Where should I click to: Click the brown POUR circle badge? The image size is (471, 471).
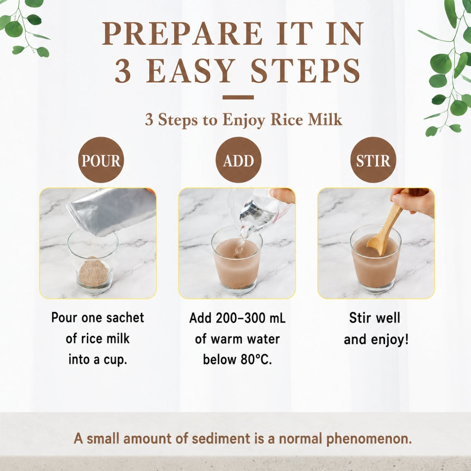click(101, 160)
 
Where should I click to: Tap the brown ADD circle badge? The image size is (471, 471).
click(238, 160)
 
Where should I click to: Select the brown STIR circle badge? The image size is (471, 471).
click(373, 160)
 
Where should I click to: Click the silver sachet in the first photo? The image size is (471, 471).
click(111, 210)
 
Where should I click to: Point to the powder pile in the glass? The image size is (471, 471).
click(94, 270)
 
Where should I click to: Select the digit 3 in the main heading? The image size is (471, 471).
click(123, 71)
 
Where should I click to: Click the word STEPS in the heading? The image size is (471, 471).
click(305, 71)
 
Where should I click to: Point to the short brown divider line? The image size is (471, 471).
click(238, 97)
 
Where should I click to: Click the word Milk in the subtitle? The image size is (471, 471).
click(325, 120)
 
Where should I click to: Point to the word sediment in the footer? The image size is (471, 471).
click(221, 438)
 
